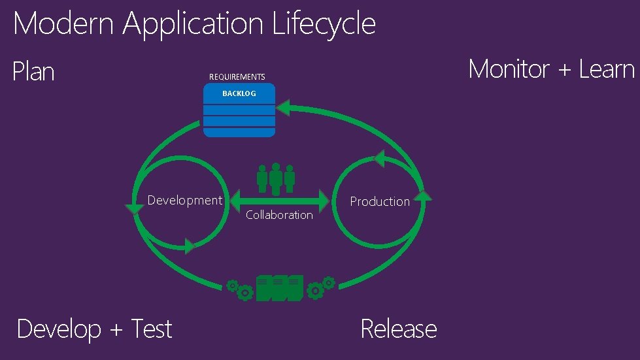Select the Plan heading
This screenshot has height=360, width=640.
(x=33, y=71)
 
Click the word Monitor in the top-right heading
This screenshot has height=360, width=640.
(x=509, y=69)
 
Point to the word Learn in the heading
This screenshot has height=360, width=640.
(x=607, y=69)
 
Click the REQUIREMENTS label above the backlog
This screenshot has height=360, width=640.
(x=237, y=77)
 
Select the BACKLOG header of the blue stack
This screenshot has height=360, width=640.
(x=239, y=93)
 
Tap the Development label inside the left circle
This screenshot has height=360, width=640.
(x=184, y=201)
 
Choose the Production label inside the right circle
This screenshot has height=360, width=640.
(x=379, y=202)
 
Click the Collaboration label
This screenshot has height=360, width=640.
(x=279, y=215)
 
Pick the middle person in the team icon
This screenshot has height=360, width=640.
(x=276, y=178)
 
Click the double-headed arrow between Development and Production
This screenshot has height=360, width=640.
(x=279, y=199)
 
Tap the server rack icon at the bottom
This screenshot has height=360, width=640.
(x=279, y=288)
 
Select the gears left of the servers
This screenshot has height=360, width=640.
(x=240, y=289)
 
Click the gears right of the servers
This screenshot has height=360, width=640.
(x=321, y=287)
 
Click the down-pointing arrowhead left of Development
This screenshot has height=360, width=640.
(x=135, y=208)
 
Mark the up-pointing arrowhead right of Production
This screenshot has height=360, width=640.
(x=424, y=195)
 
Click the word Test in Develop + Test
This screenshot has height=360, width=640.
(x=151, y=329)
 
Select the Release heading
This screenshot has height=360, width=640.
(x=398, y=329)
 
